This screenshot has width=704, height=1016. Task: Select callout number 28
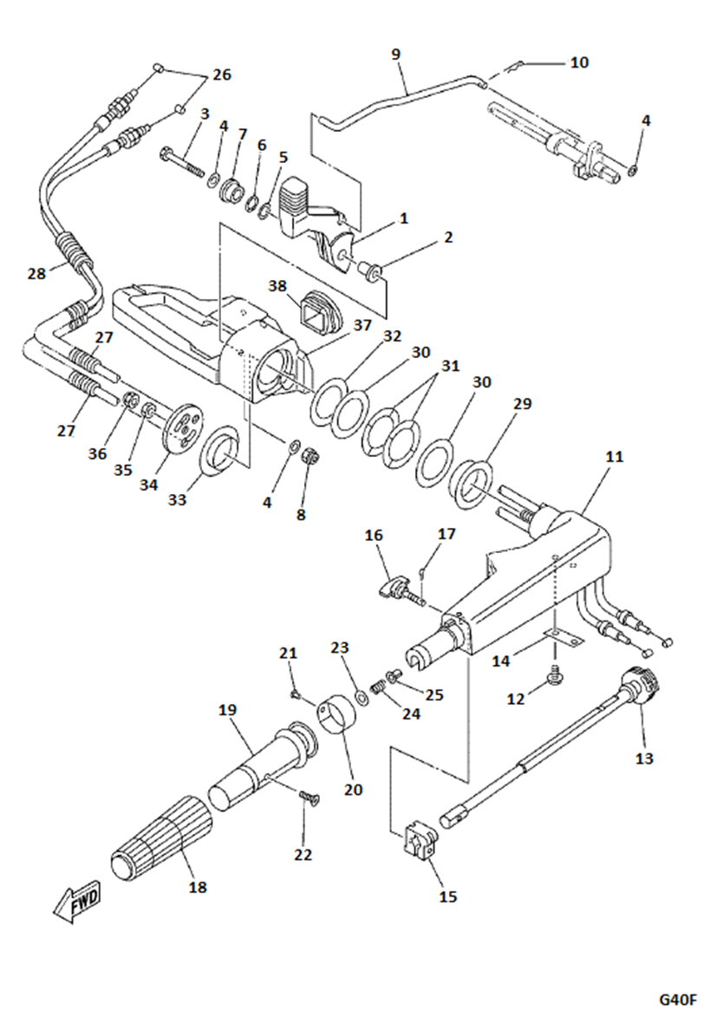(x=36, y=274)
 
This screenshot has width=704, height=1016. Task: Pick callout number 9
(x=396, y=55)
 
